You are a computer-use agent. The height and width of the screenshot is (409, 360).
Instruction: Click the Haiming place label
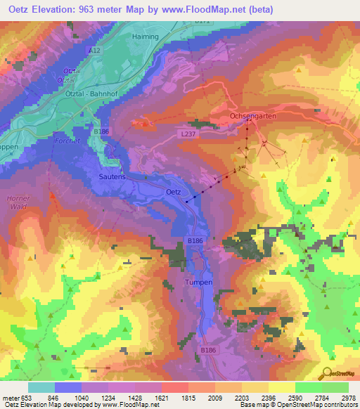coord(146,34)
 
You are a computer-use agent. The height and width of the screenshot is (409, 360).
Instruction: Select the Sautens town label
coord(110,178)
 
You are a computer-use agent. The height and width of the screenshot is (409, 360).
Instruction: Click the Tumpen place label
coord(198,281)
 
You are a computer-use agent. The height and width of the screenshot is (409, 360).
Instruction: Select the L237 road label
coord(187,134)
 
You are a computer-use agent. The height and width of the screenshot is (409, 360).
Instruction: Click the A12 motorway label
coord(95,51)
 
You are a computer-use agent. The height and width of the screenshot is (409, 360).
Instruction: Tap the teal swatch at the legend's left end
coord(41,387)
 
